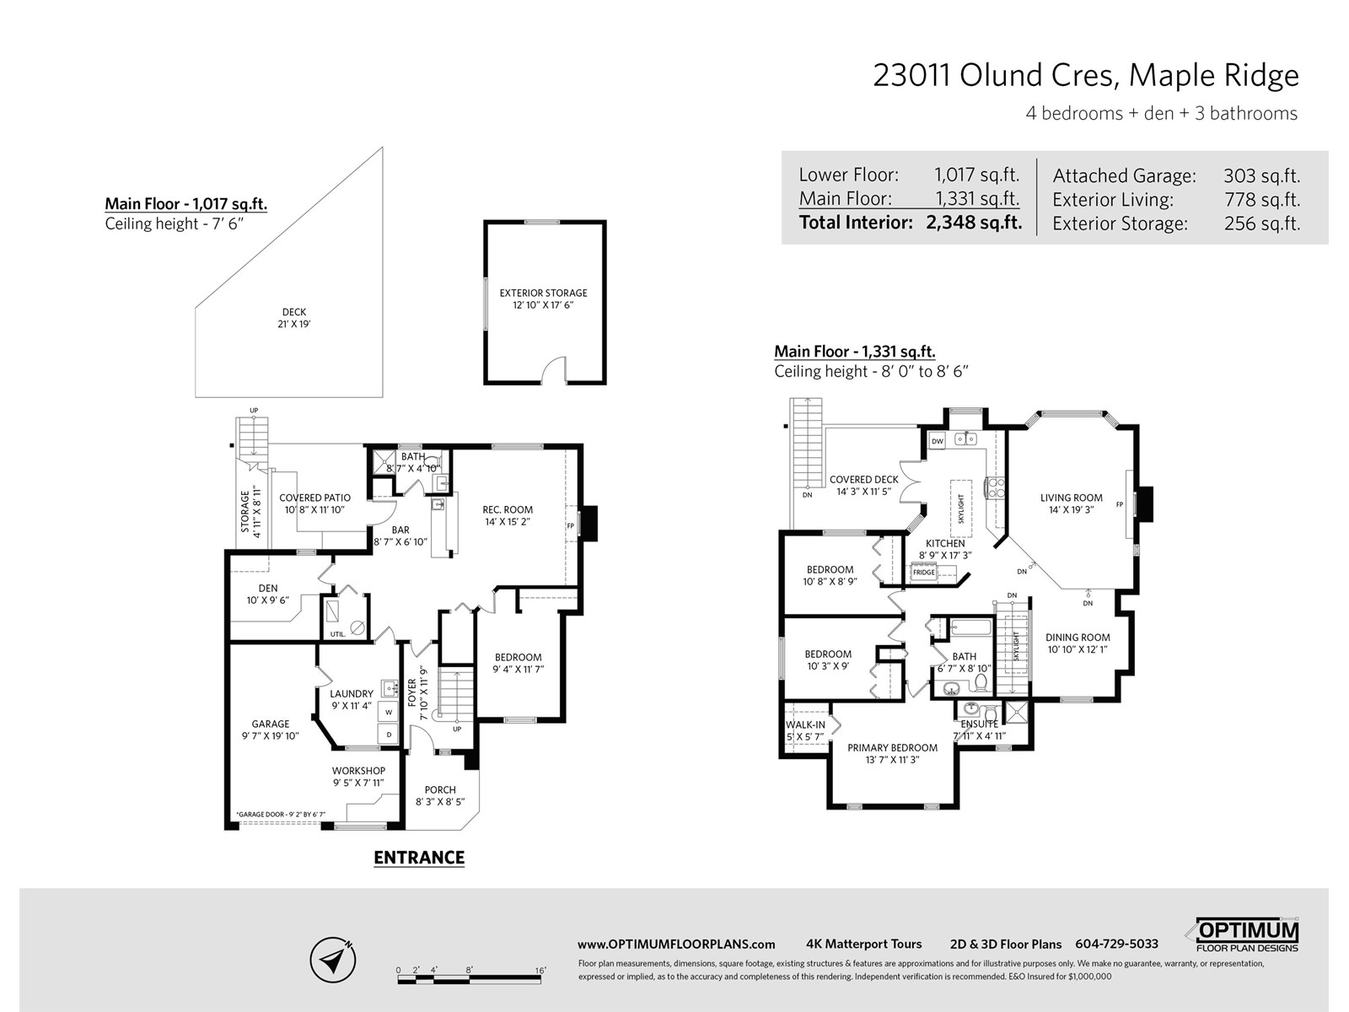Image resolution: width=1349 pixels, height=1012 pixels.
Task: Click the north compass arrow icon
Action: (x=333, y=959)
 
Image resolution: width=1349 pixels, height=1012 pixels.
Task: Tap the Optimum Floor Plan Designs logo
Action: (x=1247, y=934)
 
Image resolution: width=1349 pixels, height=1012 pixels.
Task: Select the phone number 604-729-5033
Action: (x=1116, y=944)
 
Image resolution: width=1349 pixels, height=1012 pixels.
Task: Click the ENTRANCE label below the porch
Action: (x=419, y=857)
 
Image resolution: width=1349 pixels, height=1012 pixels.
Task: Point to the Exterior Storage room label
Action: (x=543, y=299)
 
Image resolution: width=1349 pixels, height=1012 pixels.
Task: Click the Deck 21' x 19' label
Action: (x=294, y=318)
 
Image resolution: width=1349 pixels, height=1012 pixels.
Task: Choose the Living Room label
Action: (x=1072, y=503)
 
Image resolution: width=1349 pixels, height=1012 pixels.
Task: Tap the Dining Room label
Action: (x=1078, y=643)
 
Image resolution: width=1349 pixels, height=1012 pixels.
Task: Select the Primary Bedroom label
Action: (x=892, y=753)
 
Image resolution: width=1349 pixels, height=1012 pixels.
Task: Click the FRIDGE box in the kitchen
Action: (x=924, y=573)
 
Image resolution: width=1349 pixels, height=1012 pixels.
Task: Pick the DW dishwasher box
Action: (x=938, y=440)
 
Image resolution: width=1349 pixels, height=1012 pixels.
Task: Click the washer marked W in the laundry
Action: (x=389, y=712)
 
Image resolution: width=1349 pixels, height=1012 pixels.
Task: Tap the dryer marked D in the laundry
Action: (x=389, y=735)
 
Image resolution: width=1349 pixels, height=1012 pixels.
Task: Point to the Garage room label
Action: (x=270, y=729)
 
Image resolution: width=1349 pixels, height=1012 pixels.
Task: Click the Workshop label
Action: (x=358, y=776)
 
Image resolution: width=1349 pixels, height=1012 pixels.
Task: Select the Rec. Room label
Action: (x=508, y=515)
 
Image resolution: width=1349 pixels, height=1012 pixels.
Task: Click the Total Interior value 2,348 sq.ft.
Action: (x=974, y=223)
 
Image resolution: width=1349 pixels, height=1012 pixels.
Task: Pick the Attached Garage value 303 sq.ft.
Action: (x=1261, y=175)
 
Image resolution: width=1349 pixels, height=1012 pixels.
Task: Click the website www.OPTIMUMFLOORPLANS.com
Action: (x=676, y=945)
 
